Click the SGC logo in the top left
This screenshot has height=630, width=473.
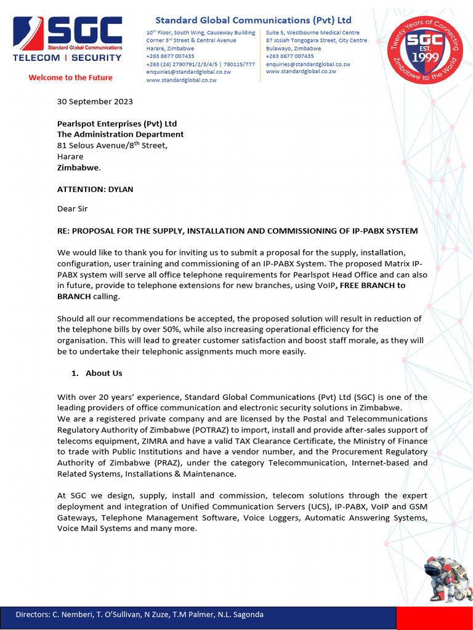[x=68, y=38]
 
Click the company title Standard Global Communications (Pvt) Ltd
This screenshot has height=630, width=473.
[x=253, y=20]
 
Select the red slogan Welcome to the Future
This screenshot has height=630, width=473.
[x=70, y=78]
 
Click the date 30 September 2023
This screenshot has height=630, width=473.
[x=95, y=102]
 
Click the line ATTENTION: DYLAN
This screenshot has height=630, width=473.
[x=95, y=189]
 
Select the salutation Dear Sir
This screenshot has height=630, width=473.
[x=72, y=209]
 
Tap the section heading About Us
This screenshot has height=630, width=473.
[x=103, y=373]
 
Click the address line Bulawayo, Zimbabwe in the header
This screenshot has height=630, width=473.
[x=293, y=48]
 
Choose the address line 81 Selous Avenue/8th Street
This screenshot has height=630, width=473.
[x=112, y=146]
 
